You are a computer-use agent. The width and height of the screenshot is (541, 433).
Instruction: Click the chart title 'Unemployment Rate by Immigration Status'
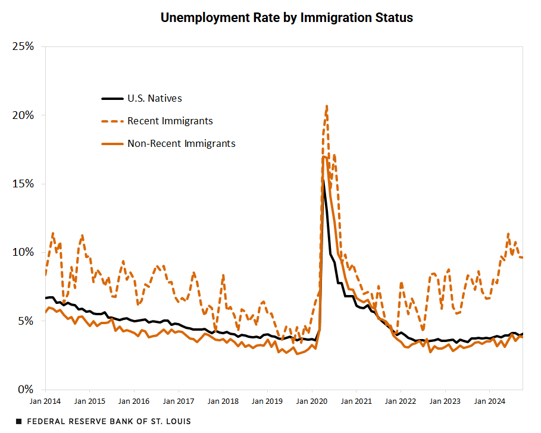(x=286, y=18)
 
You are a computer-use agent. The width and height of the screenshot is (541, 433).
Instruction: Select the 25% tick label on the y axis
(x=22, y=46)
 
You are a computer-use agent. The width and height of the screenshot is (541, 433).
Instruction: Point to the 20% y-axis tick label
(x=22, y=115)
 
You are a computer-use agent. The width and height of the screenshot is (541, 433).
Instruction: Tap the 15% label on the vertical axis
(x=22, y=184)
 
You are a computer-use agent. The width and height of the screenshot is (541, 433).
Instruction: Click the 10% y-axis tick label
(x=22, y=252)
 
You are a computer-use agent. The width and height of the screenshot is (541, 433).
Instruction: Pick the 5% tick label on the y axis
(x=25, y=321)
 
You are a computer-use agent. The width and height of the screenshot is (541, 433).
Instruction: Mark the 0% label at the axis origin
(x=25, y=390)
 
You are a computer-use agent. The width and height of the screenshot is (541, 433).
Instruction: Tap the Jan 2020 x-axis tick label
(x=311, y=401)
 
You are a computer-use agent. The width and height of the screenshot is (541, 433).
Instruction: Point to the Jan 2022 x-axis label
(x=400, y=401)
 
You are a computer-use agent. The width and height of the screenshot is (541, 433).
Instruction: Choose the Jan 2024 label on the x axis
(x=489, y=401)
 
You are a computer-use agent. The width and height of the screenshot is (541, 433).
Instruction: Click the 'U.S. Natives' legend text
(x=155, y=98)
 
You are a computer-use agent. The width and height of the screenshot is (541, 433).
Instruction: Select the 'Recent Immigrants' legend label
(x=170, y=121)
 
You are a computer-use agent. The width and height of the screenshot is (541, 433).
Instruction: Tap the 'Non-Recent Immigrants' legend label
(x=182, y=143)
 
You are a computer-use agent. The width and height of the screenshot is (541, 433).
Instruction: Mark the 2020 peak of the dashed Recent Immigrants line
(x=327, y=106)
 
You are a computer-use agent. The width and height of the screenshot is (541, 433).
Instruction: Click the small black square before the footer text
(x=18, y=421)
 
